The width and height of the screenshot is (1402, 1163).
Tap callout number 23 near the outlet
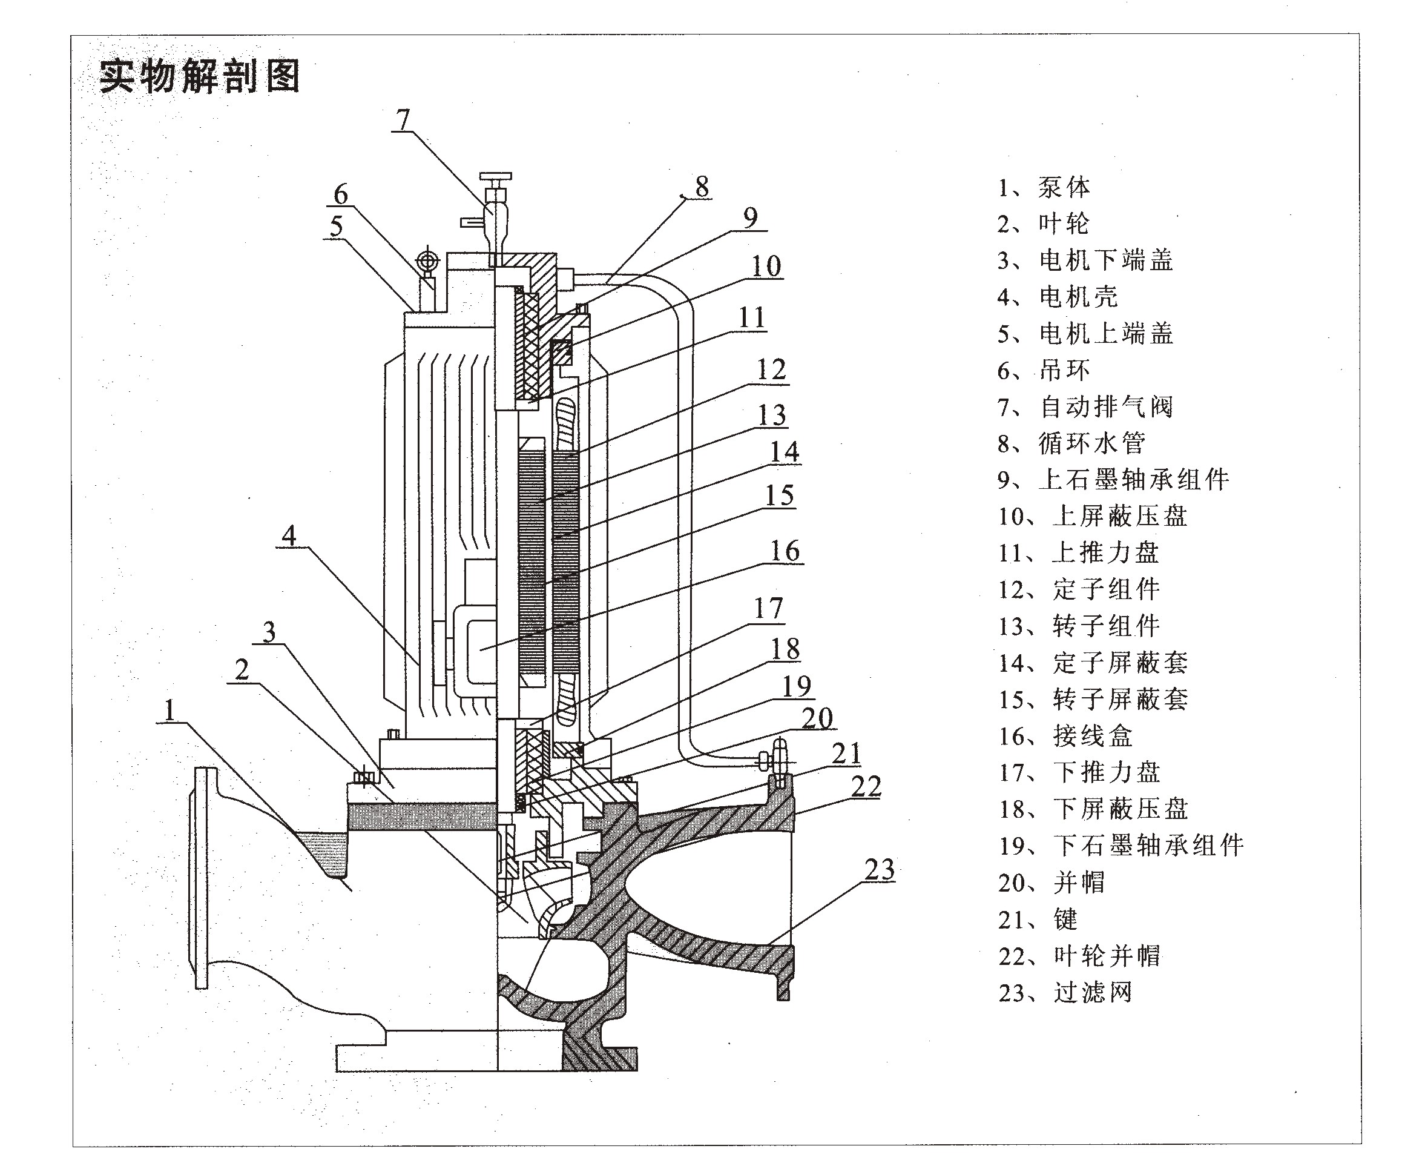[x=878, y=870]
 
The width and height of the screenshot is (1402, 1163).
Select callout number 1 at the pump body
[x=169, y=709]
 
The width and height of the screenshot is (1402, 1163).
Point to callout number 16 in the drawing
[x=785, y=551]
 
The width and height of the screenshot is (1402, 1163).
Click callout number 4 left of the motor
[x=288, y=535]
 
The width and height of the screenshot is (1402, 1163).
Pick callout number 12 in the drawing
[x=771, y=369]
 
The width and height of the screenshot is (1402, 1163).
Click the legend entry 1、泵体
[x=1044, y=188]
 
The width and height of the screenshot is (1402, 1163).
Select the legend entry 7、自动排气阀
[x=1085, y=407]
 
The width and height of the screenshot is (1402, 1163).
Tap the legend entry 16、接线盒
[x=1065, y=736]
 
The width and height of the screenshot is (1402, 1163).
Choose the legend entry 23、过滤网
[x=1065, y=993]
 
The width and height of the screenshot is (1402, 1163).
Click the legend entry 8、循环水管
[x=1071, y=443]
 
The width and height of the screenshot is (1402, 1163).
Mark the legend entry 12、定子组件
[x=1079, y=590]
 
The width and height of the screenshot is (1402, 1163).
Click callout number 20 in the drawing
[x=817, y=718]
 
